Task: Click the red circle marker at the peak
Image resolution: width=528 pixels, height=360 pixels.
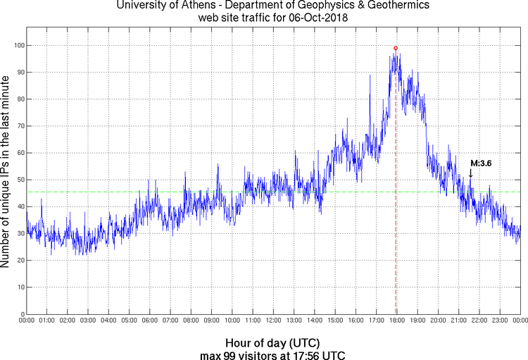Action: [396, 48]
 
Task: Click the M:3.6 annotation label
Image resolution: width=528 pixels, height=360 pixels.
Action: [481, 163]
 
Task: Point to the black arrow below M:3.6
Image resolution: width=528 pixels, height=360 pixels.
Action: [470, 173]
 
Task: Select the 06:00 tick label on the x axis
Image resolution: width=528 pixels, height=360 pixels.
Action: [150, 321]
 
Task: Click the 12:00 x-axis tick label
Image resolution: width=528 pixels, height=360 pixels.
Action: [273, 321]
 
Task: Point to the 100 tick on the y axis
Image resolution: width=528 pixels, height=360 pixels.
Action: [17, 45]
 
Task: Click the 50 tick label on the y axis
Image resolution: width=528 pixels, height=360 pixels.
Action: [19, 180]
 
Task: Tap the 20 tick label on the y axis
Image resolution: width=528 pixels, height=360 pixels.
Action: [19, 261]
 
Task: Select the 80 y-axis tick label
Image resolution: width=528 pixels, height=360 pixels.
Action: [19, 99]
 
